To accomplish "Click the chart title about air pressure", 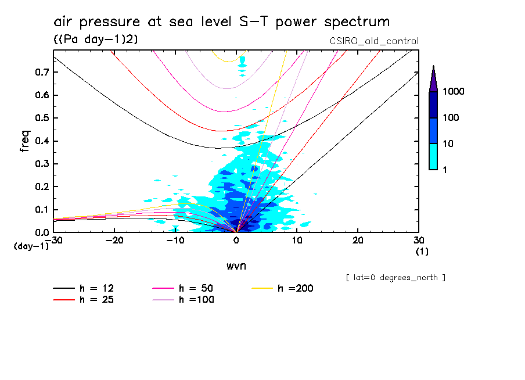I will pyautogui.click(x=221, y=23).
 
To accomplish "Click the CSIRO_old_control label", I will pyautogui.click(x=373, y=41).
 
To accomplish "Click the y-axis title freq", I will pyautogui.click(x=24, y=141).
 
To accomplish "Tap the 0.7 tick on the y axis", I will pyautogui.click(x=41, y=72).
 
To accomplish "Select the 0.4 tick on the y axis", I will pyautogui.click(x=41, y=141).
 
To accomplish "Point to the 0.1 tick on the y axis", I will pyautogui.click(x=41, y=210).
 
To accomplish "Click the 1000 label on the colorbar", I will pyautogui.click(x=454, y=92).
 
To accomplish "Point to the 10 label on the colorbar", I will pyautogui.click(x=450, y=144).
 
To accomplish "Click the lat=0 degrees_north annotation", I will pyautogui.click(x=395, y=278).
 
